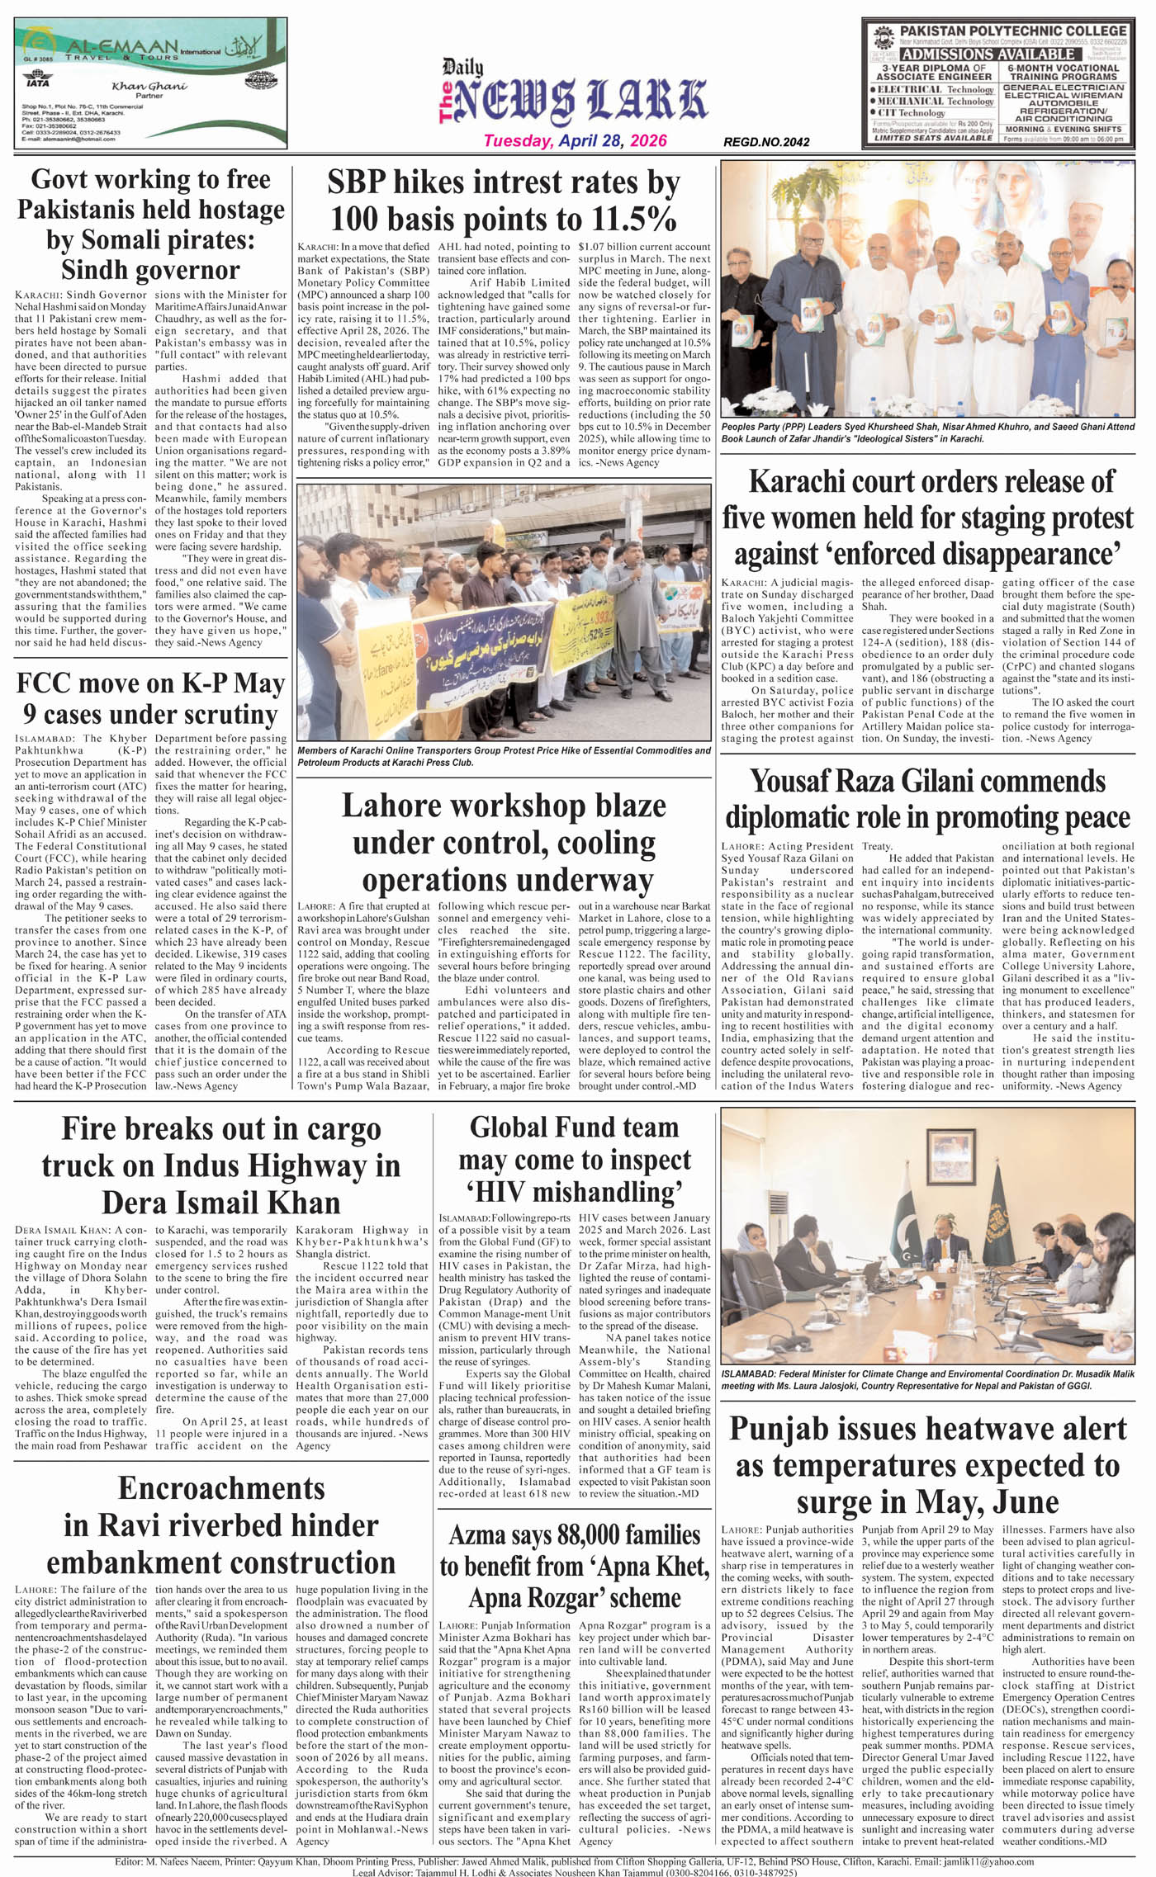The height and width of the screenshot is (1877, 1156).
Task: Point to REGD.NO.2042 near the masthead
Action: click(x=766, y=142)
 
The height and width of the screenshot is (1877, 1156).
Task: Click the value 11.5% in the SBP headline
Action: click(x=632, y=219)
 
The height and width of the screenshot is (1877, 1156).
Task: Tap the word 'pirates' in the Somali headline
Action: click(x=206, y=240)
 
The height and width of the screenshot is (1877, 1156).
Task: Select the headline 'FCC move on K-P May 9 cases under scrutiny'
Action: click(x=150, y=698)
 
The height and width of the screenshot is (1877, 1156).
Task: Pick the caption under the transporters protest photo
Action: click(x=504, y=756)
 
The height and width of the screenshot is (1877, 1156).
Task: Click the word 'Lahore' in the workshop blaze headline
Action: click(x=400, y=806)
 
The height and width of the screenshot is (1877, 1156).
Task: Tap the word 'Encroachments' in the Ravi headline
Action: click(x=222, y=1487)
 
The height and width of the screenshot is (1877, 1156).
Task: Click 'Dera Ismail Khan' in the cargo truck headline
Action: click(x=220, y=1202)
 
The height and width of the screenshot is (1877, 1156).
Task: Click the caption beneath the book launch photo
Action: click(x=926, y=433)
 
